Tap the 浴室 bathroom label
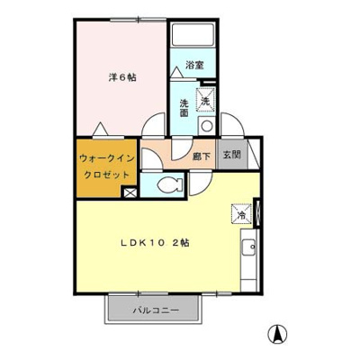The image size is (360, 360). click(x=194, y=65)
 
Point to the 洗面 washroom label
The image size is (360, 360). click(x=183, y=107)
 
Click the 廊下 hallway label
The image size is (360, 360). click(x=202, y=155)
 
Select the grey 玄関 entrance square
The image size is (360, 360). click(x=230, y=154)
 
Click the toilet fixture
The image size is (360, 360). click(x=169, y=186)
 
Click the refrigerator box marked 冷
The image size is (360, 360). click(x=242, y=214)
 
